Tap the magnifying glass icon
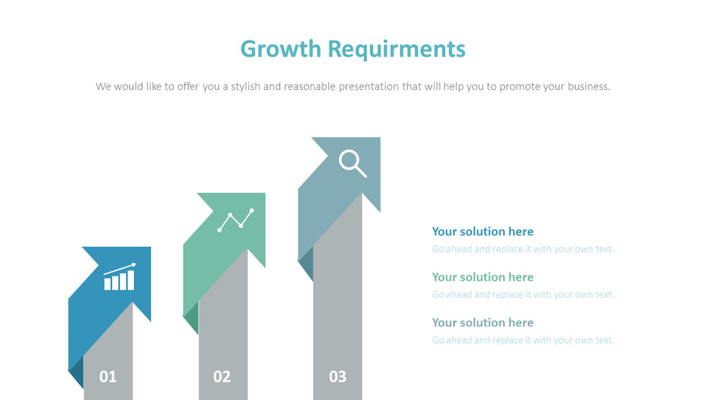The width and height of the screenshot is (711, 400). (x=353, y=164)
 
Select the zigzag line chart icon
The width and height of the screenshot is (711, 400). (x=236, y=220)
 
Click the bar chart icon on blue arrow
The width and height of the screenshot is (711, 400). (x=119, y=277)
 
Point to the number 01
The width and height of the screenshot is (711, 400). (x=108, y=376)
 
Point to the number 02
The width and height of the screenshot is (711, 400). (x=222, y=376)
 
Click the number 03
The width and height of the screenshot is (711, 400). (x=338, y=376)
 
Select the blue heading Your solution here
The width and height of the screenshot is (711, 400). (x=482, y=231)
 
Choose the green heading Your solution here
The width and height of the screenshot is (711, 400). (x=482, y=277)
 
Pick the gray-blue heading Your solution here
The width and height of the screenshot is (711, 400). (x=482, y=322)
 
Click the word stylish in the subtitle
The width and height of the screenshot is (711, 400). (x=246, y=86)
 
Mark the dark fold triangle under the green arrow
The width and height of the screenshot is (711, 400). (x=191, y=317)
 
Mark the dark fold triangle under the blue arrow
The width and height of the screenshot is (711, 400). (x=77, y=372)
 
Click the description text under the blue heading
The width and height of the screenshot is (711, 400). (x=523, y=249)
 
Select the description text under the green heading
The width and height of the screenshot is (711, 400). (x=523, y=294)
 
